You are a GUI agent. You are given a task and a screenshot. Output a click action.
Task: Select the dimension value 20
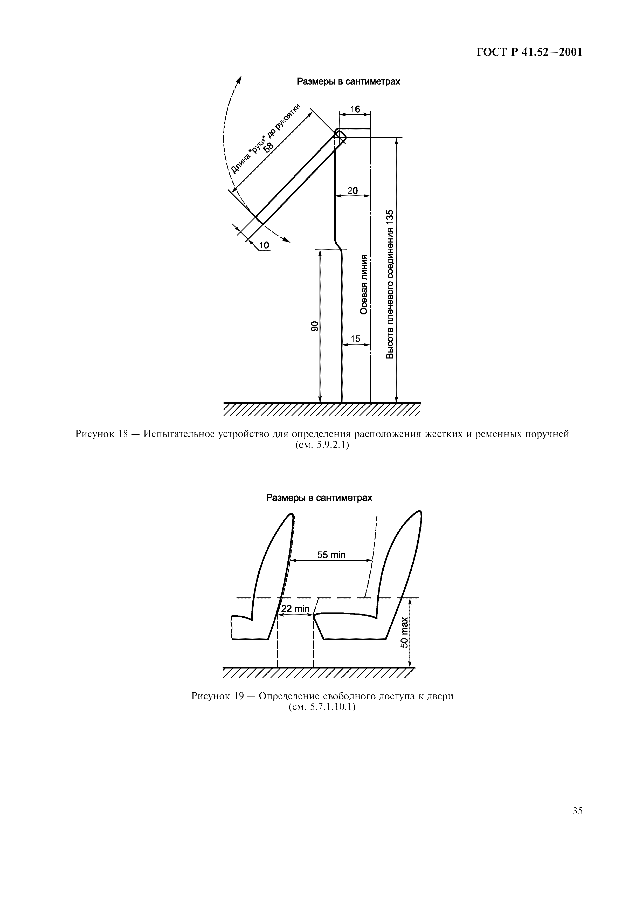[352, 191]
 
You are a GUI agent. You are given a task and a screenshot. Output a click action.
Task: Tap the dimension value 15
[355, 339]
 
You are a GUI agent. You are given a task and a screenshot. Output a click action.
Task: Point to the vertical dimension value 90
[314, 326]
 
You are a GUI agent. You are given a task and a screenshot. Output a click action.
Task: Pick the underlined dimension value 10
[264, 245]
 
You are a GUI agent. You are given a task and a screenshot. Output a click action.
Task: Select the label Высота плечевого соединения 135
[390, 284]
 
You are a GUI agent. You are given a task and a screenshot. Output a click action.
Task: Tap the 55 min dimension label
[331, 555]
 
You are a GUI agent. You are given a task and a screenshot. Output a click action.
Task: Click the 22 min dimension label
[295, 608]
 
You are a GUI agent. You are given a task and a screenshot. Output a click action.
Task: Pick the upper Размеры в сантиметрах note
[349, 82]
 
